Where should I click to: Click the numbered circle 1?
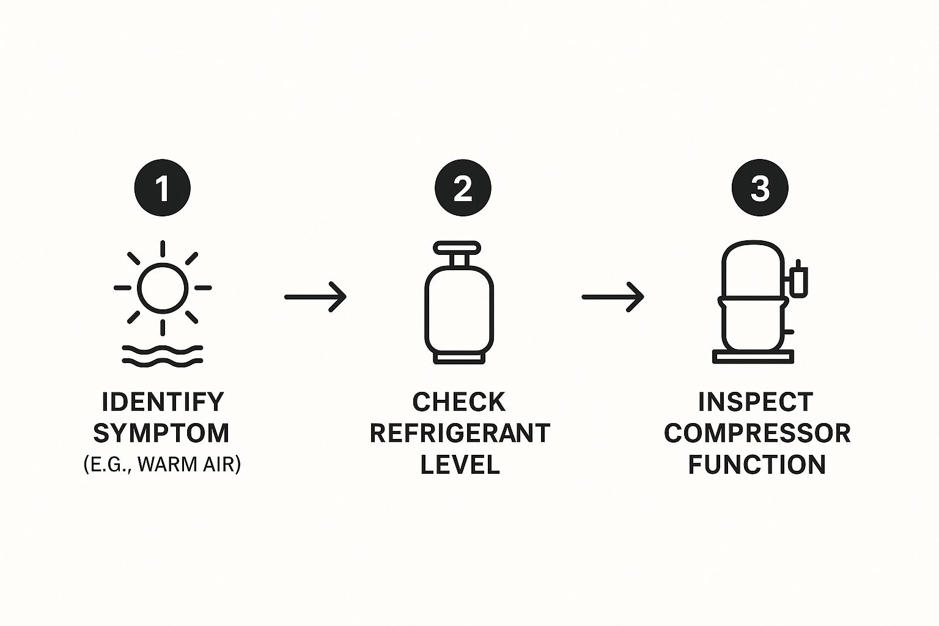click(x=162, y=188)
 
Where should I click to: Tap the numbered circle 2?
click(x=463, y=188)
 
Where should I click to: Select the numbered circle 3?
click(x=760, y=188)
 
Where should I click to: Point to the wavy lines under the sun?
click(x=163, y=356)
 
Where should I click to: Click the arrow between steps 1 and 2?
click(x=315, y=297)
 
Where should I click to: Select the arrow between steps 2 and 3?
click(x=613, y=297)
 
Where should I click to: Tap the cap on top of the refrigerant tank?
click(x=457, y=248)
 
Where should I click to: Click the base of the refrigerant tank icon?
click(x=459, y=358)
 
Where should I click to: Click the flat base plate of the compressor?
click(x=753, y=357)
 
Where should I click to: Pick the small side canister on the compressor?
click(x=798, y=279)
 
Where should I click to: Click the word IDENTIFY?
click(x=163, y=402)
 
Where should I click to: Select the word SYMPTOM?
click(x=161, y=433)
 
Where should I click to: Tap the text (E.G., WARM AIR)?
click(x=162, y=464)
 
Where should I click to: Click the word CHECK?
click(x=459, y=402)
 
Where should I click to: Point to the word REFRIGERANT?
click(x=460, y=433)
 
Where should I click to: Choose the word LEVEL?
click(x=460, y=465)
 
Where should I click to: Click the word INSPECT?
click(x=756, y=402)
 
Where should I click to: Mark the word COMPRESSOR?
click(x=757, y=433)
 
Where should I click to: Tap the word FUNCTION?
click(x=757, y=465)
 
